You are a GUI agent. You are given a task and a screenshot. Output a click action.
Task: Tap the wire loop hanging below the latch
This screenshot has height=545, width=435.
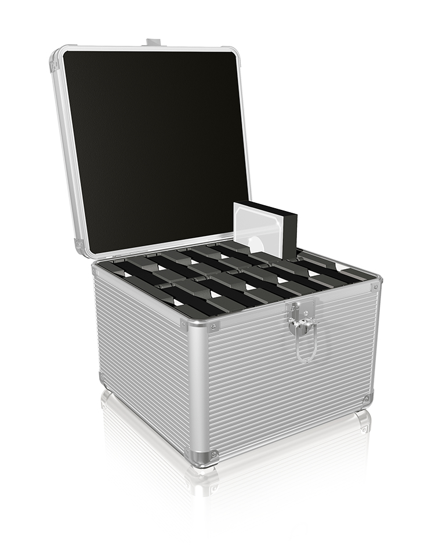pos(306,348)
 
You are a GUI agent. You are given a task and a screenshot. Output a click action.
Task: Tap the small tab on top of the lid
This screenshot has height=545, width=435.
pos(152,42)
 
